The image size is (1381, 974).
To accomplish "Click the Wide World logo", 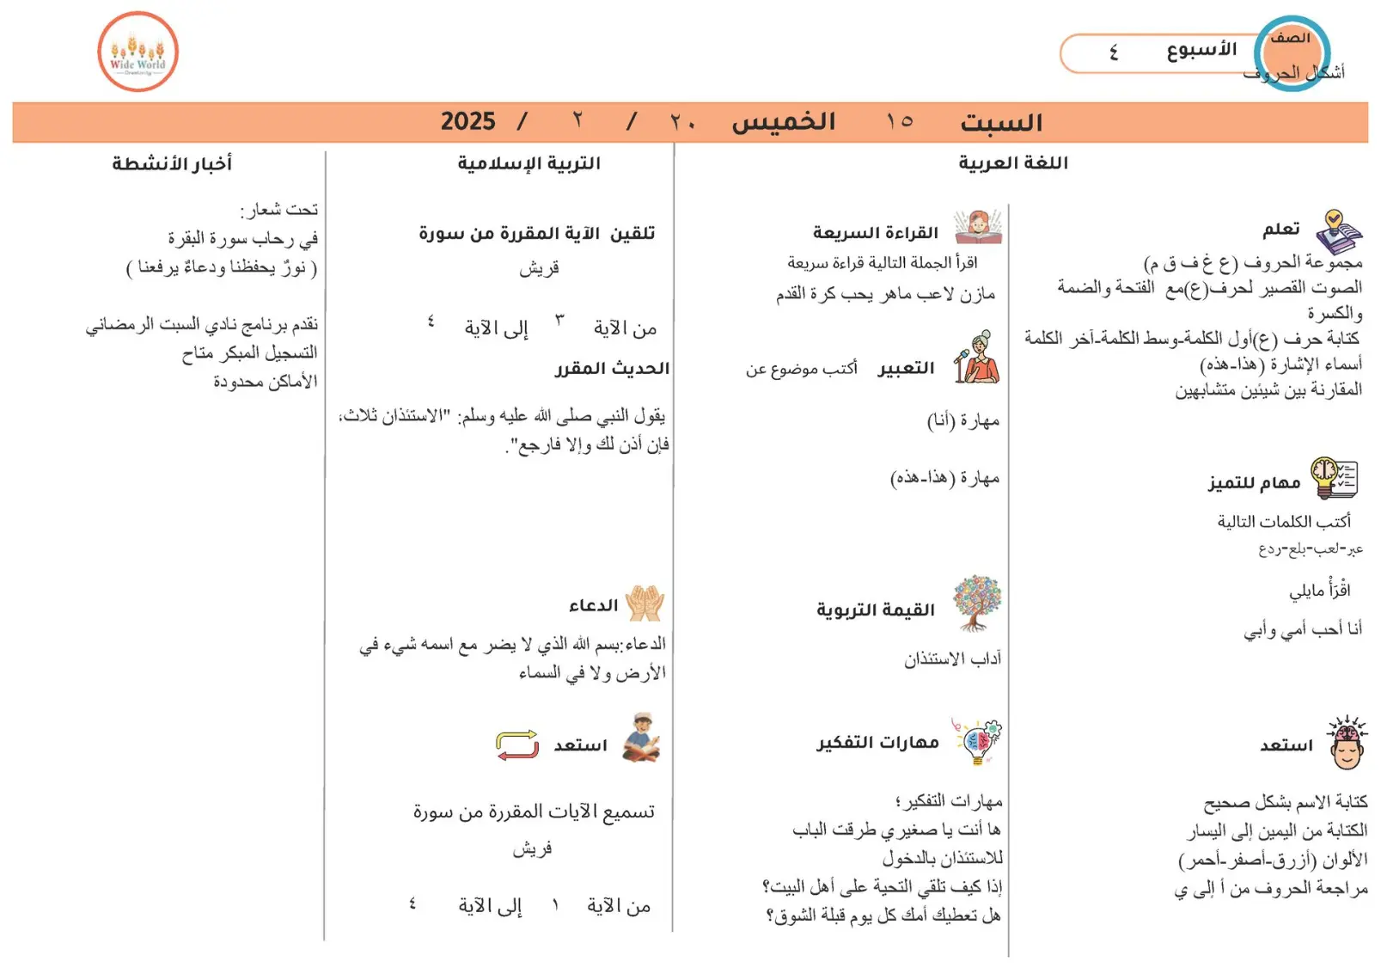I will click(137, 52).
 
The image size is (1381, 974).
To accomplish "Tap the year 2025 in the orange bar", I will click(467, 121).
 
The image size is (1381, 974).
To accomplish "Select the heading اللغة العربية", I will click(1012, 163).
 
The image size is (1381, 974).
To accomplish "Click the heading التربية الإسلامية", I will click(529, 163).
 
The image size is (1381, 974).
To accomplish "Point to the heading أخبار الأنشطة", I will click(172, 163).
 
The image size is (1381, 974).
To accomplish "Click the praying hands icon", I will click(645, 603).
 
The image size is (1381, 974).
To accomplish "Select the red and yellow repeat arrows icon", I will click(517, 744).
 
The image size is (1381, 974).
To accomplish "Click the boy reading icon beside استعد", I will click(641, 738).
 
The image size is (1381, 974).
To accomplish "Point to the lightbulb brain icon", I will click(977, 741).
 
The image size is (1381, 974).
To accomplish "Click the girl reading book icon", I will click(978, 228).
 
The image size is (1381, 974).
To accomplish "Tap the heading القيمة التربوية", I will click(875, 610).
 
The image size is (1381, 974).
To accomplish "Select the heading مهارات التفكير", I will click(877, 743).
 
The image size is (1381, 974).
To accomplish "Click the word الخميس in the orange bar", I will click(783, 122).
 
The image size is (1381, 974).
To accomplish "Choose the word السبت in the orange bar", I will click(1001, 123).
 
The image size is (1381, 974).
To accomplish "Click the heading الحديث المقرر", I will click(612, 369).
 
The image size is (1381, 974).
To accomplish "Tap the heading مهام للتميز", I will click(1254, 483).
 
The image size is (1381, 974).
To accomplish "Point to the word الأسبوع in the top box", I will click(1201, 51).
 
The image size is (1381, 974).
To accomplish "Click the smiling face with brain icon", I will click(1347, 743).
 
